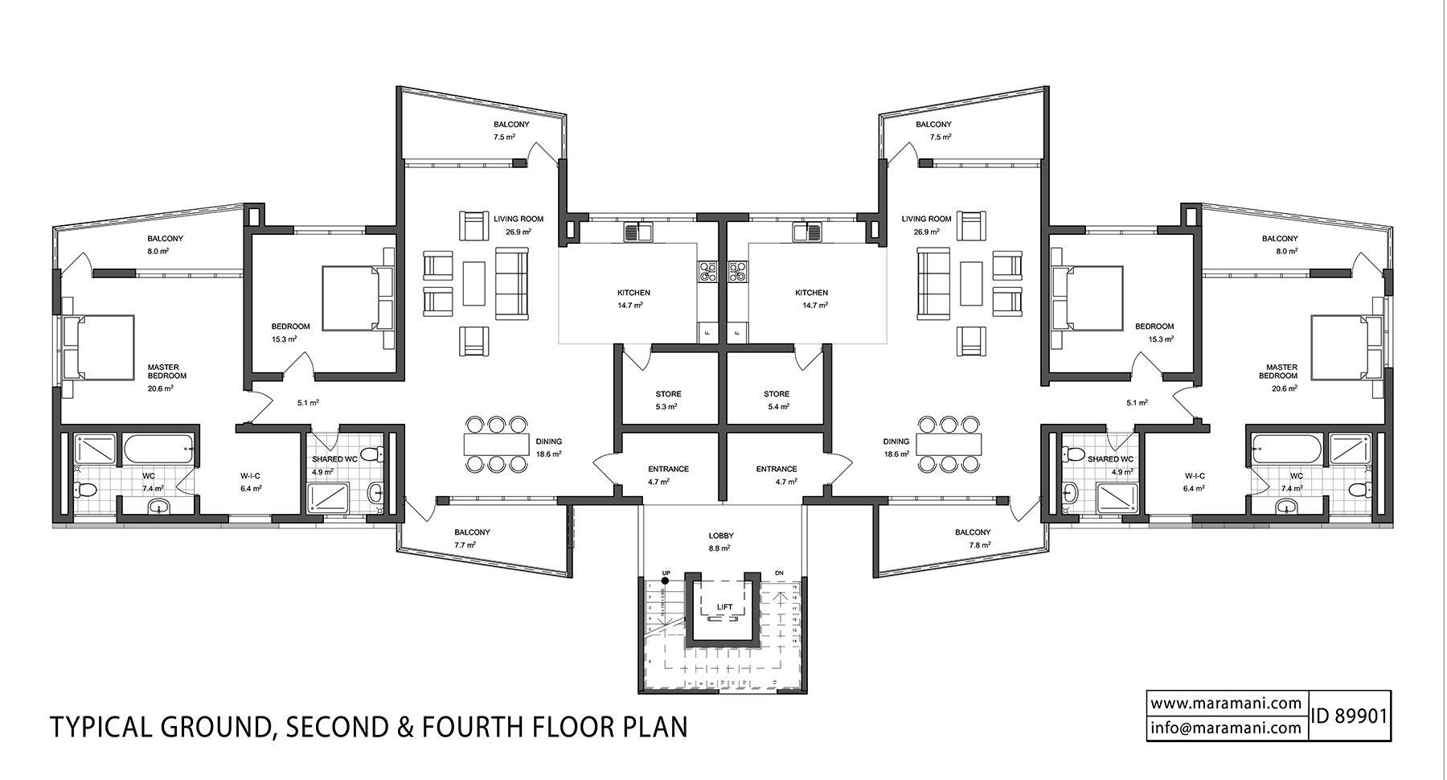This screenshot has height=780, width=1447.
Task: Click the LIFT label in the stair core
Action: pyautogui.click(x=725, y=608)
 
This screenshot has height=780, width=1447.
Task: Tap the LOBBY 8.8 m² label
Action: pyautogui.click(x=721, y=541)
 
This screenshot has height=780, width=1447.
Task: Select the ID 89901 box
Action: pyautogui.click(x=1350, y=716)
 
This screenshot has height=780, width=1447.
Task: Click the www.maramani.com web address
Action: pyautogui.click(x=1225, y=703)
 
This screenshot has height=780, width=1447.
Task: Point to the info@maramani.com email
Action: pyautogui.click(x=1225, y=728)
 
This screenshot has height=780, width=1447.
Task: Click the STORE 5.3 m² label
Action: pyautogui.click(x=668, y=400)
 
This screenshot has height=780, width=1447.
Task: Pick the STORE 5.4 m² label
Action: pyautogui.click(x=777, y=400)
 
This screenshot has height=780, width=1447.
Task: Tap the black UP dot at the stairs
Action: pyautogui.click(x=666, y=581)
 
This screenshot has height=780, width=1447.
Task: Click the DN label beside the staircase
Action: pyautogui.click(x=779, y=573)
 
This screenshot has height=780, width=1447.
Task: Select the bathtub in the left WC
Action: pyautogui.click(x=158, y=450)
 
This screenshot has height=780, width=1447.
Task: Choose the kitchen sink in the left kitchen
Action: pyautogui.click(x=640, y=232)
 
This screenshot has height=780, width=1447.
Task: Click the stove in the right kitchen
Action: pyautogui.click(x=736, y=272)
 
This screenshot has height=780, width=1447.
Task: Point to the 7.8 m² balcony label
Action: pyautogui.click(x=973, y=538)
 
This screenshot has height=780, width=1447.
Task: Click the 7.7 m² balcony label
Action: pyautogui.click(x=472, y=538)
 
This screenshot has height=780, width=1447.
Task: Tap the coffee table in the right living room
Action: pyautogui.click(x=973, y=284)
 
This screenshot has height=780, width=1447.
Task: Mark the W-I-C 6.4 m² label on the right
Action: pyautogui.click(x=1194, y=482)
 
